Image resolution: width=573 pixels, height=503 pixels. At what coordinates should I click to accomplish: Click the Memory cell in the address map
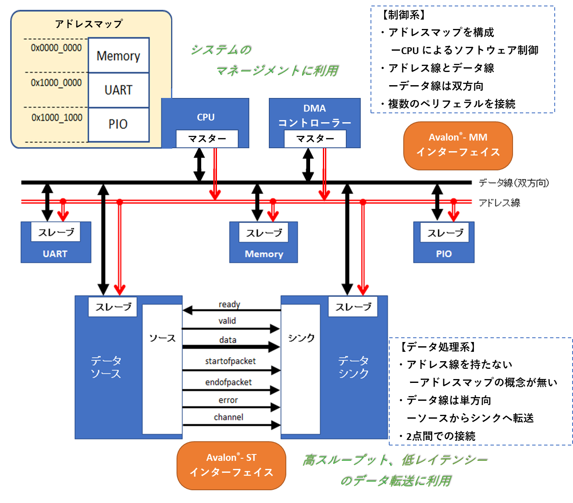[118, 56]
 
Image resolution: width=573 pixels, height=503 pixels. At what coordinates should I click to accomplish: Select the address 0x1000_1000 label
[57, 118]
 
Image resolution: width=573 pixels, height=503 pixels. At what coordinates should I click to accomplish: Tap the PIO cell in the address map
[118, 124]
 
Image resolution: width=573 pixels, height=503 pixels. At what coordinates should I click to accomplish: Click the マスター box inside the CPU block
[207, 139]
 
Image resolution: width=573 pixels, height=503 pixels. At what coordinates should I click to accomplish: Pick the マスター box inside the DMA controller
[315, 139]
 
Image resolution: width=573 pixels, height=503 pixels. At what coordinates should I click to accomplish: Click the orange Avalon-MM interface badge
[458, 145]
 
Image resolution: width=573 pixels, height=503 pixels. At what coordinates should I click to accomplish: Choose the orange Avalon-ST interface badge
[231, 465]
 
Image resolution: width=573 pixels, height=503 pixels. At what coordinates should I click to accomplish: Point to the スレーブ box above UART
[56, 233]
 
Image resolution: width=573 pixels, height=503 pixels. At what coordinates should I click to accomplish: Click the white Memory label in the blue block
[264, 254]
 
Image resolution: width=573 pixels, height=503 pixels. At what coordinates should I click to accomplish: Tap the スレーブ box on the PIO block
[445, 233]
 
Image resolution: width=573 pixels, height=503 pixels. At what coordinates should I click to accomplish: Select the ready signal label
[229, 304]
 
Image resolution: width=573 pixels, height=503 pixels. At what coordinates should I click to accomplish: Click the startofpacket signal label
[230, 361]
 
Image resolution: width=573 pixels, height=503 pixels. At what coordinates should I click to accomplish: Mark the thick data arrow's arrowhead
[274, 347]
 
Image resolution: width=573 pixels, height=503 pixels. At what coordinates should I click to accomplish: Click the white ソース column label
[162, 338]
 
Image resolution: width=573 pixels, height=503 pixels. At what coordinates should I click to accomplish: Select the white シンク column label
[301, 338]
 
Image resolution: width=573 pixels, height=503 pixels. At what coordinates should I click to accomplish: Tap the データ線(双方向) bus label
[514, 183]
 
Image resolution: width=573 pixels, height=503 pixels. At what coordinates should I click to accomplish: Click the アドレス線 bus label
[499, 203]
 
